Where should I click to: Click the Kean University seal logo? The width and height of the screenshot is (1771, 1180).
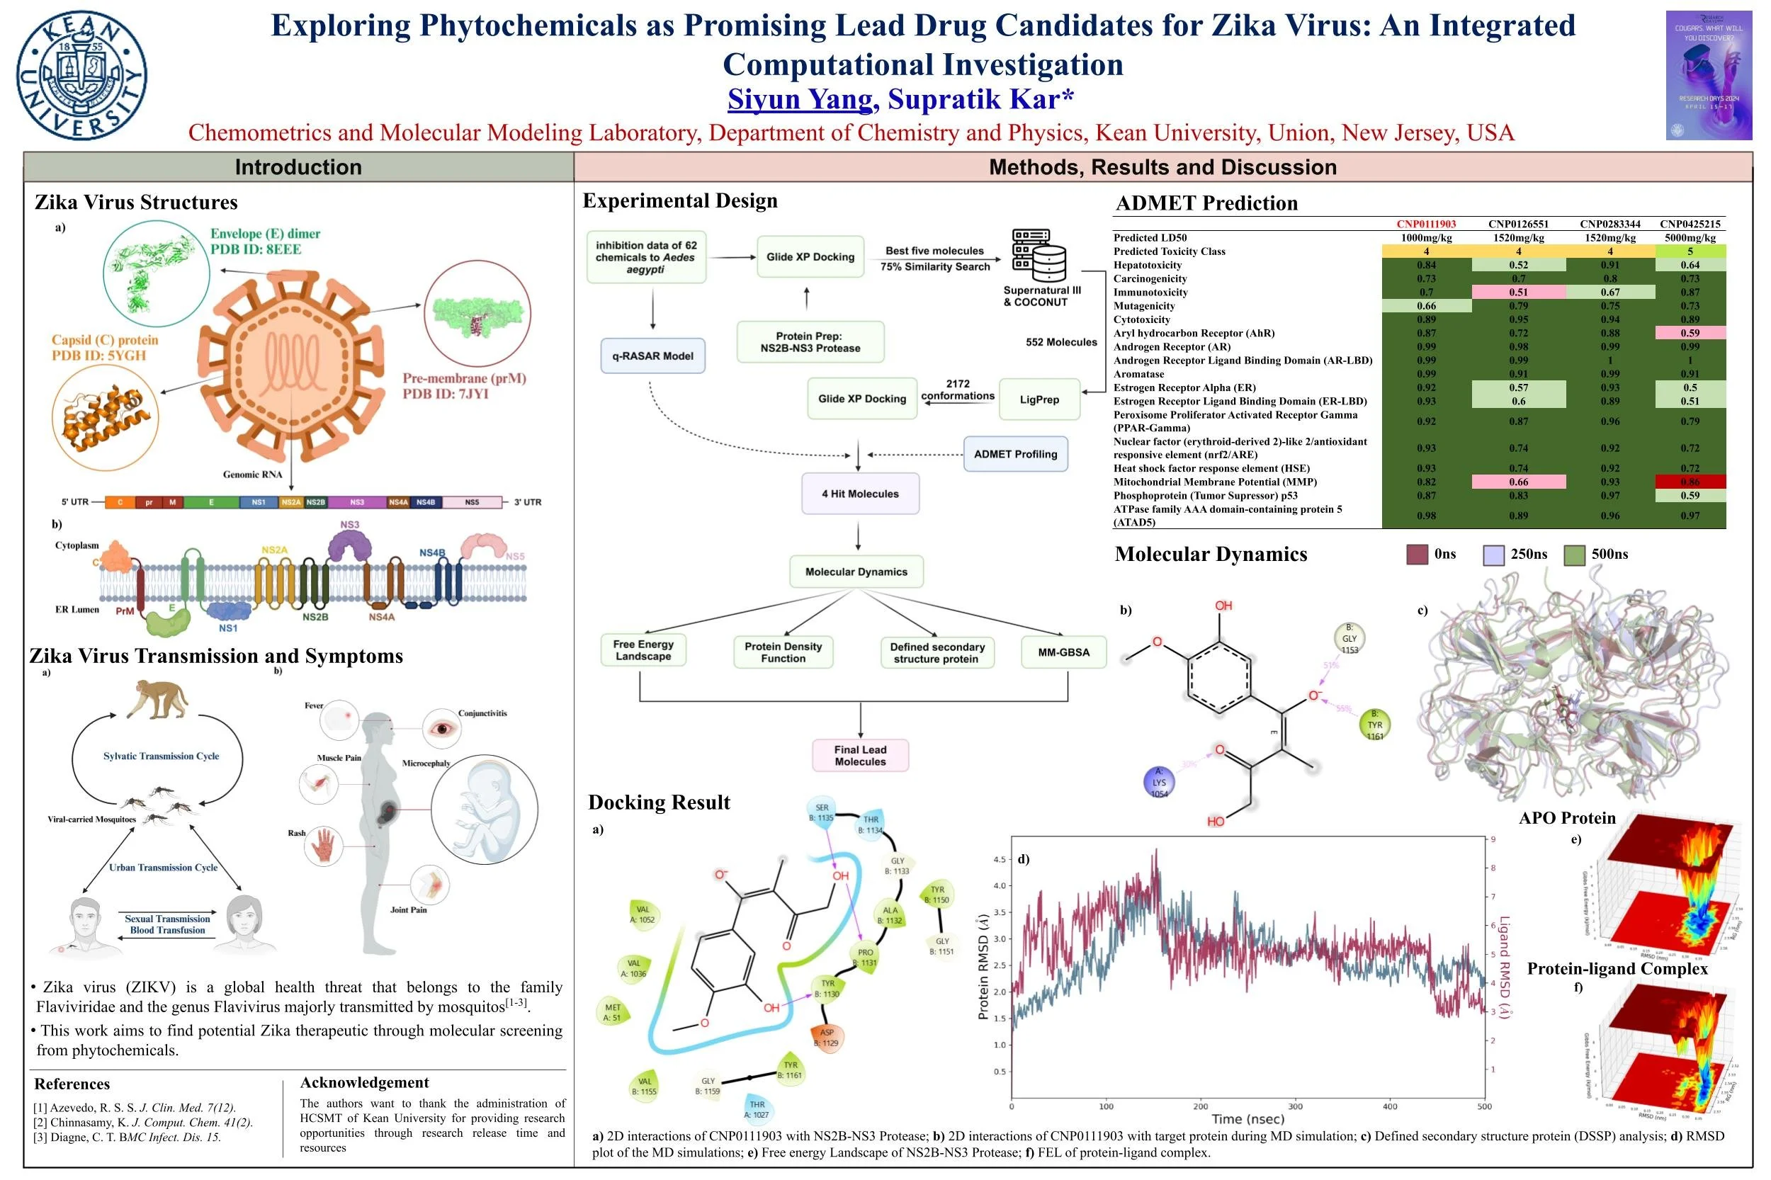81,75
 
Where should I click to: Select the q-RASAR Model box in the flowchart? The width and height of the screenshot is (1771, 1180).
652,356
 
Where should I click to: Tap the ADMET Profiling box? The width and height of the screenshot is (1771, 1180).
1014,454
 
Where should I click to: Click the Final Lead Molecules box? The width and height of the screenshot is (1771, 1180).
859,756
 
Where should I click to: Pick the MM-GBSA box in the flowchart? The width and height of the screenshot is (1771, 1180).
1063,652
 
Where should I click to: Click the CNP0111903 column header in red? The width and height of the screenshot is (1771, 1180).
1425,225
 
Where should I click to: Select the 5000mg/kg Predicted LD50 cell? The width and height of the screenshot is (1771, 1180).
1690,238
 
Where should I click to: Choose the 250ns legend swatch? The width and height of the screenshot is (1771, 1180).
1493,555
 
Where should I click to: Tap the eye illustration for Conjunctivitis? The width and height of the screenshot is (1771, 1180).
443,728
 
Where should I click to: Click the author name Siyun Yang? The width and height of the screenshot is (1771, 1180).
799,99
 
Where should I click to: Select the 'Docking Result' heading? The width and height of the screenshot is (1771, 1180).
659,802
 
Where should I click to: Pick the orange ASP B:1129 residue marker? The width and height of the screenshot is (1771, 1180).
827,1037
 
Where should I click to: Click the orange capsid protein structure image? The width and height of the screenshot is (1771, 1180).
106,417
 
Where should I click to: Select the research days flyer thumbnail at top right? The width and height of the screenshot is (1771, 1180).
1709,75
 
